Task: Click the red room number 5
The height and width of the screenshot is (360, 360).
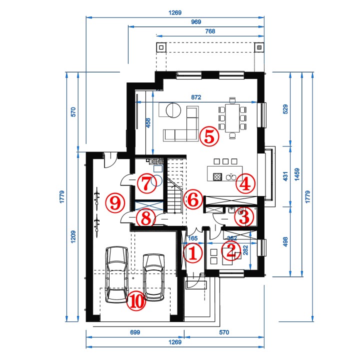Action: tap(209, 136)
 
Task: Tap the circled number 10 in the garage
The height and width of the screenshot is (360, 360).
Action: tap(136, 301)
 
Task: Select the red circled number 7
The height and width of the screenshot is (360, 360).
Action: tap(147, 183)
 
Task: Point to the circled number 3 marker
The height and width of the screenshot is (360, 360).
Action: tap(244, 216)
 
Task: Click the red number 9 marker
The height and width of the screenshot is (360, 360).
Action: tap(115, 203)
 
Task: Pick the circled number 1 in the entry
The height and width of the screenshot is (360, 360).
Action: tap(193, 253)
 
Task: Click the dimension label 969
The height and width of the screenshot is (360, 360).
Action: tap(196, 22)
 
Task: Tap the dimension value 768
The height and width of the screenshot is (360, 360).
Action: tap(210, 31)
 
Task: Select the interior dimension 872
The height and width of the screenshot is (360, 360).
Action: tap(196, 97)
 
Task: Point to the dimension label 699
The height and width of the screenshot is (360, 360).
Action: tap(135, 332)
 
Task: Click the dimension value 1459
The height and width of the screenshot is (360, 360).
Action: tap(297, 174)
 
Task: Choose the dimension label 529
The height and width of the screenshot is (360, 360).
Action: tap(285, 109)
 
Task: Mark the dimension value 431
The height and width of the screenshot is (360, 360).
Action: tap(285, 176)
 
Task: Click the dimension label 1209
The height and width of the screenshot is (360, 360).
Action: tap(73, 237)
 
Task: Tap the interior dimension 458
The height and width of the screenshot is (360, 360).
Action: tap(148, 123)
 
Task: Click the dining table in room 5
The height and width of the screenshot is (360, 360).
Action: tap(232, 118)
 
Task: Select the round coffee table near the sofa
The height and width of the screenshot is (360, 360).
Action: tap(173, 110)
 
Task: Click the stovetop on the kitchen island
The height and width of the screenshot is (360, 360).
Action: tap(217, 177)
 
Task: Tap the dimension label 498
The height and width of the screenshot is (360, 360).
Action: tap(285, 242)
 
